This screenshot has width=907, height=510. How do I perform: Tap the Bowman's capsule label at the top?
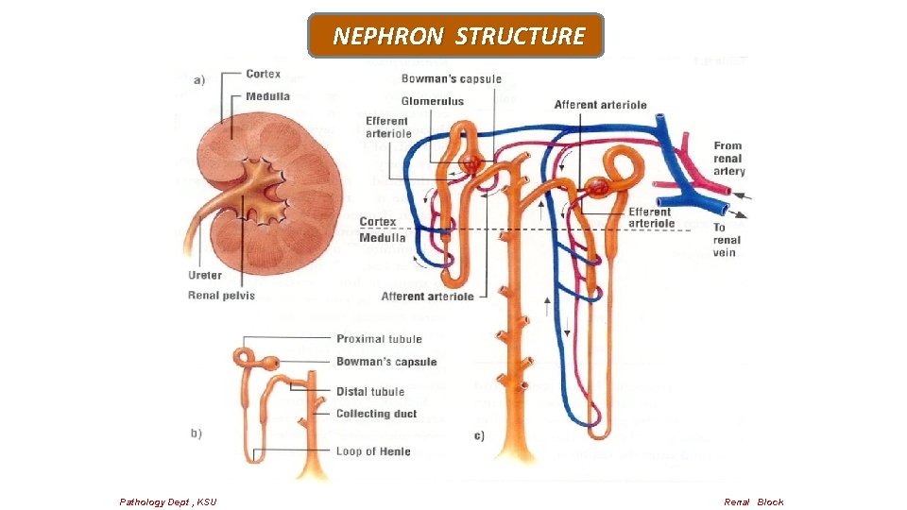pyautogui.click(x=451, y=78)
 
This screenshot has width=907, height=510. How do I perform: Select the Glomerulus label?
pyautogui.click(x=432, y=101)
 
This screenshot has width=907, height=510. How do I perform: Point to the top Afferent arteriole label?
pyautogui.click(x=600, y=105)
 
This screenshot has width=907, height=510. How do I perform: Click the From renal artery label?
pyautogui.click(x=728, y=159)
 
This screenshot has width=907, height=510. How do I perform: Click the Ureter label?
pyautogui.click(x=205, y=276)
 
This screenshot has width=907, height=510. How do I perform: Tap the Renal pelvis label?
pyautogui.click(x=221, y=296)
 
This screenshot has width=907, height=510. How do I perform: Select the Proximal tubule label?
pyautogui.click(x=379, y=339)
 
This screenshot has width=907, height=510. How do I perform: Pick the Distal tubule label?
pyautogui.click(x=369, y=392)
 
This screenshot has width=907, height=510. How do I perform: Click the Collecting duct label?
pyautogui.click(x=376, y=414)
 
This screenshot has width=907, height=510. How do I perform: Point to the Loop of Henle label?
pyautogui.click(x=373, y=451)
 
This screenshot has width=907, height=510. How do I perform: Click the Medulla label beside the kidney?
pyautogui.click(x=267, y=96)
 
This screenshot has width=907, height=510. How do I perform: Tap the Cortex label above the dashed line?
pyautogui.click(x=378, y=222)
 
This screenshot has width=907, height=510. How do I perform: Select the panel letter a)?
pyautogui.click(x=199, y=80)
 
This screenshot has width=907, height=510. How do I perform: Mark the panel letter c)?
pyautogui.click(x=479, y=435)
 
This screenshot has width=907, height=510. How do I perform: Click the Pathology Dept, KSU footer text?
pyautogui.click(x=168, y=501)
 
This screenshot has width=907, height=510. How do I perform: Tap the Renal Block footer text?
pyautogui.click(x=753, y=501)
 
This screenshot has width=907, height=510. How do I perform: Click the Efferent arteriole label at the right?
pyautogui.click(x=650, y=218)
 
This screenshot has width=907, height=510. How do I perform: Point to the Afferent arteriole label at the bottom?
pyautogui.click(x=427, y=297)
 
